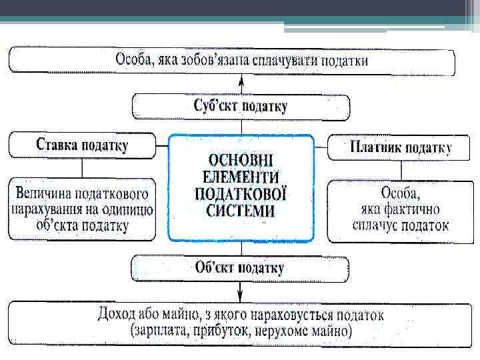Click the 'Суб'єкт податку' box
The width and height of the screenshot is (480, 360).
(x=241, y=107)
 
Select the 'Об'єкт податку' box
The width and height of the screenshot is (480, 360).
(x=240, y=269)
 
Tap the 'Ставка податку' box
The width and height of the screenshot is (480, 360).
(x=82, y=145)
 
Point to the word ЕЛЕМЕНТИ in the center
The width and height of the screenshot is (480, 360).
(x=241, y=177)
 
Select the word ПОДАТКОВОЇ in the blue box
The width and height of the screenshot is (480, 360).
(x=241, y=194)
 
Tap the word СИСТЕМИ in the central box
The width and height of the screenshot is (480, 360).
(x=241, y=211)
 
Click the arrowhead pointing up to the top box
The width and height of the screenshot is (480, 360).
(x=241, y=82)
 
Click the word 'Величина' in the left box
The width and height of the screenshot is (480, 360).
(x=45, y=194)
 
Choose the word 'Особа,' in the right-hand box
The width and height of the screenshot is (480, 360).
(x=400, y=194)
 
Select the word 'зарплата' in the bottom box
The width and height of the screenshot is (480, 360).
(x=161, y=331)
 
